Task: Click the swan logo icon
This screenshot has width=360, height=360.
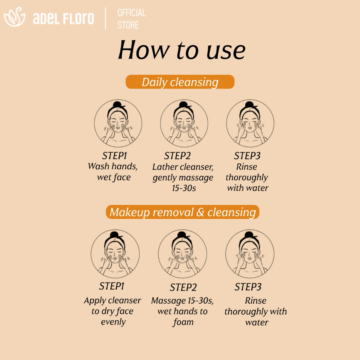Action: click(x=14, y=17)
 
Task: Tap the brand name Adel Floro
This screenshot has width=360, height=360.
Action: click(x=63, y=18)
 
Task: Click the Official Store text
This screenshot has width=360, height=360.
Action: click(x=131, y=19)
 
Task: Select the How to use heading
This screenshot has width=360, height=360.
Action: click(x=182, y=50)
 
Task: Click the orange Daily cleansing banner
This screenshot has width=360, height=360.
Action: click(x=180, y=82)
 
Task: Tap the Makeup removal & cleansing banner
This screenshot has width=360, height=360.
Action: click(x=182, y=212)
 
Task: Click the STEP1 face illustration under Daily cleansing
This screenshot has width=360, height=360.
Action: click(x=118, y=123)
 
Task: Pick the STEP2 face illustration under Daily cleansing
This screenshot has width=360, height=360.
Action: click(x=184, y=123)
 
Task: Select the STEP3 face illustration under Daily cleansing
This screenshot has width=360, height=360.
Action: click(x=250, y=123)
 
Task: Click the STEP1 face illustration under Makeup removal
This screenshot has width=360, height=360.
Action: click(x=115, y=254)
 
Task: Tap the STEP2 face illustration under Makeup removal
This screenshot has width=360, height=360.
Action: click(x=182, y=254)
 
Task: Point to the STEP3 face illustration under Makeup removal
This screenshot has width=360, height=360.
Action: click(x=250, y=254)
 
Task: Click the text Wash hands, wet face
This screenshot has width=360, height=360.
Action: click(x=113, y=172)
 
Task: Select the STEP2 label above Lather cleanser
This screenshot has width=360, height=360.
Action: click(x=177, y=156)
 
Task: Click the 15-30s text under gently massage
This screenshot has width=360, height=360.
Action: click(x=184, y=188)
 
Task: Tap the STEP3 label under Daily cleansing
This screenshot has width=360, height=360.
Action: click(x=247, y=156)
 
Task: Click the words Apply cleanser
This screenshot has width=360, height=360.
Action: click(x=112, y=301)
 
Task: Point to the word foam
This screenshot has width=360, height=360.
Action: click(x=183, y=322)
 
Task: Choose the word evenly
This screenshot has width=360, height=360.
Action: click(x=114, y=322)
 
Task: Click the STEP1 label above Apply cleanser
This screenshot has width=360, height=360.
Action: click(x=111, y=286)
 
